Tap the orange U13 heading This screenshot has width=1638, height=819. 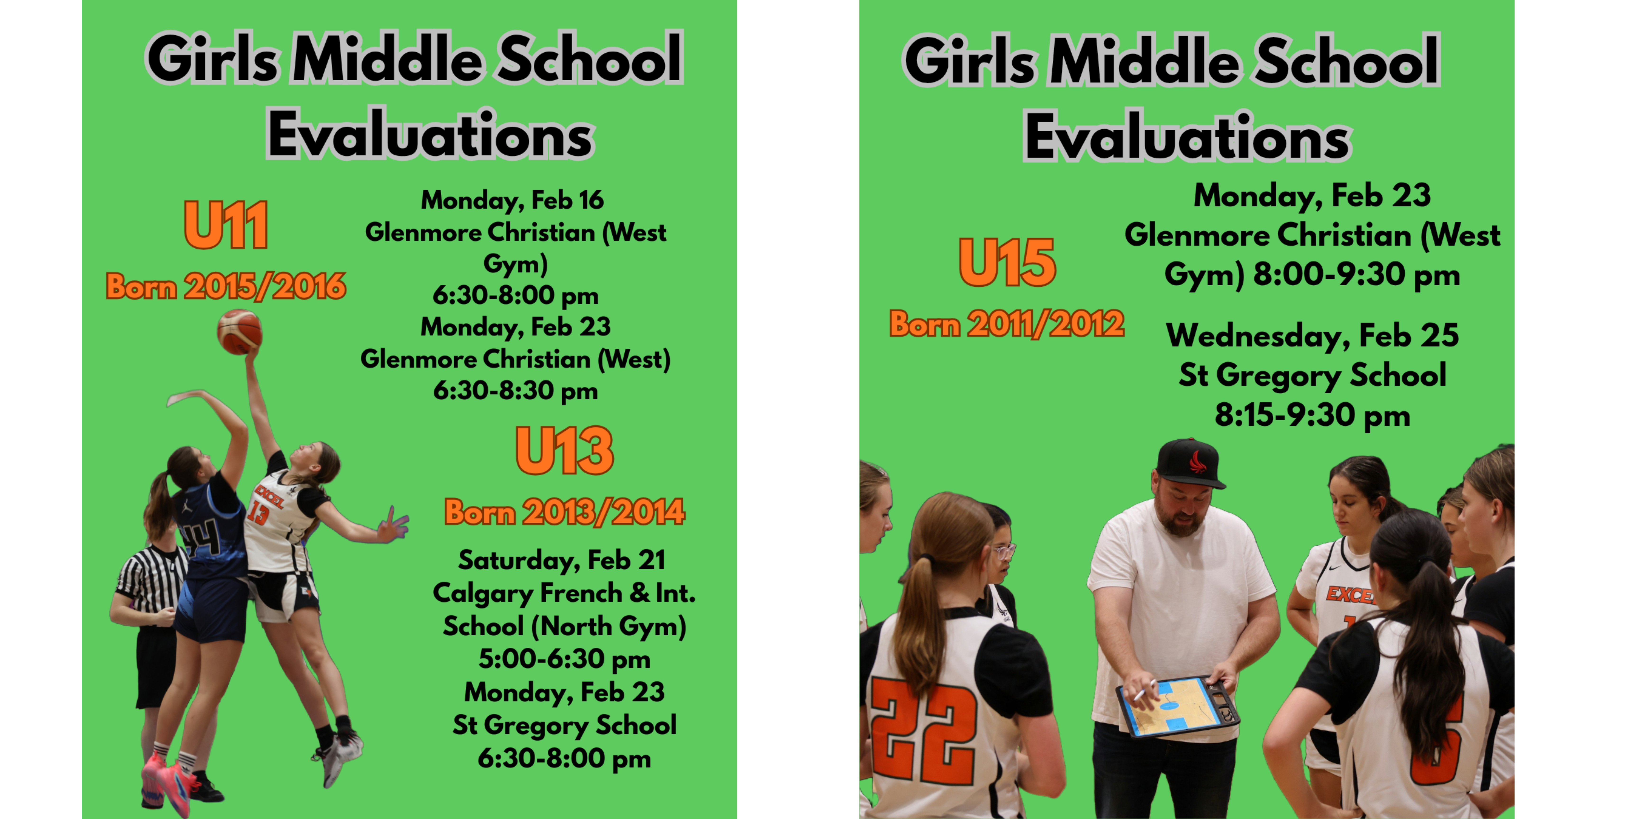(565, 450)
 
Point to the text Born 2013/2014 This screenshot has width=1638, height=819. (565, 512)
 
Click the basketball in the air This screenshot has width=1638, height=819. (240, 331)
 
